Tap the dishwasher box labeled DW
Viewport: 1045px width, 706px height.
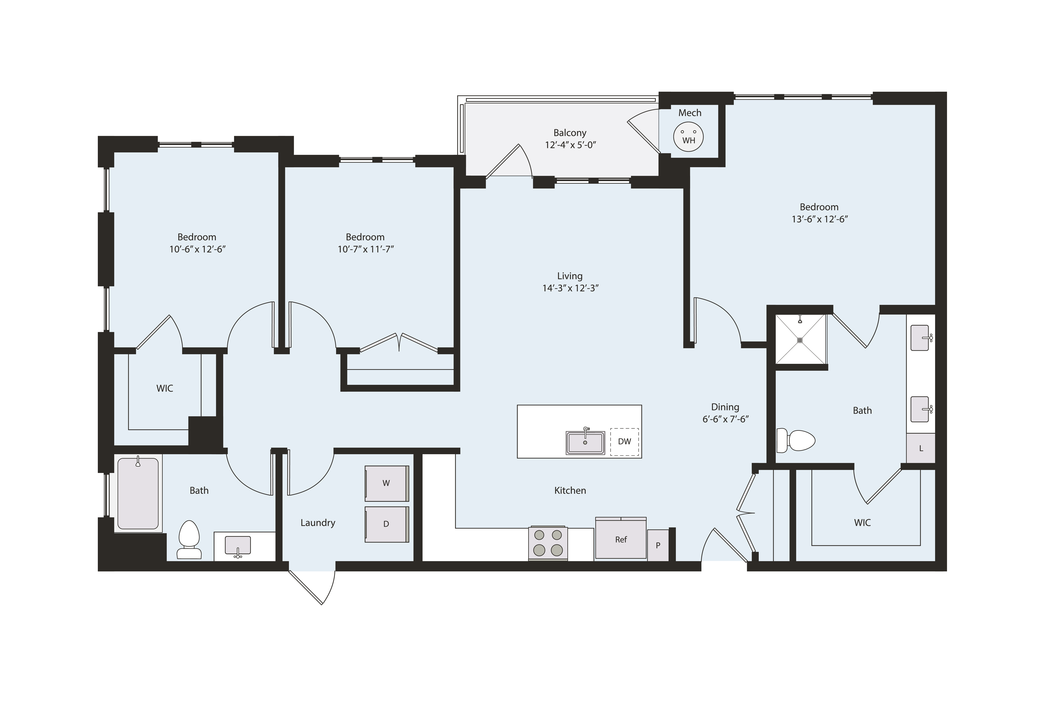[x=624, y=441]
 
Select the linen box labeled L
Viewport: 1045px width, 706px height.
[x=920, y=448]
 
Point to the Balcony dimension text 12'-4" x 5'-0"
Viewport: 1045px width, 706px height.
[x=570, y=145]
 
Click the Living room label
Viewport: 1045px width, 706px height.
[x=570, y=276]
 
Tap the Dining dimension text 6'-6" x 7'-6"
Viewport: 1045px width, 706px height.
[x=725, y=419]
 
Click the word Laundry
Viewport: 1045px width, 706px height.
[x=317, y=522]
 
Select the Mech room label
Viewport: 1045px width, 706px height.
[x=689, y=113]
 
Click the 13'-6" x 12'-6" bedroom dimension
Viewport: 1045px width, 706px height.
[x=819, y=219]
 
